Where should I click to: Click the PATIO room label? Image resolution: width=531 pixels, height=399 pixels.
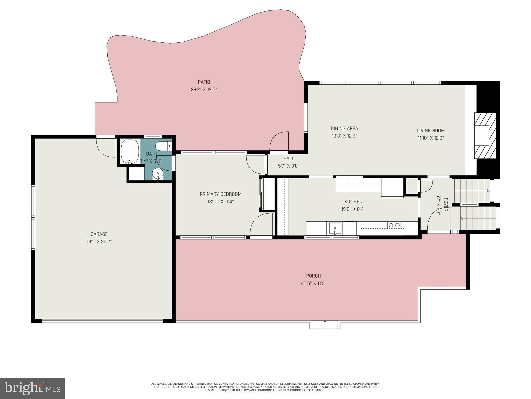coord(204,82)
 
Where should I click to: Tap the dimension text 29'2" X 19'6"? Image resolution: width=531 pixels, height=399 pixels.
coord(204,90)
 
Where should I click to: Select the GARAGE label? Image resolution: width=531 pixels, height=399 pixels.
coord(99,234)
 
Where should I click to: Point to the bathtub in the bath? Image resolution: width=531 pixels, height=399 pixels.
coord(130,151)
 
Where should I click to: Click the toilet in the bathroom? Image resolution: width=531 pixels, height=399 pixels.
coord(163,146)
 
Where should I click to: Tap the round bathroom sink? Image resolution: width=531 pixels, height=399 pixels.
coord(158,174)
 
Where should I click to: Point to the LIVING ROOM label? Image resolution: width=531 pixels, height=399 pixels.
coord(431,131)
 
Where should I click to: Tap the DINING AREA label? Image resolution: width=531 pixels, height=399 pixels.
coord(344,128)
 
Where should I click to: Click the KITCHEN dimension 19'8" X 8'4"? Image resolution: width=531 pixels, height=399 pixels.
coord(353,209)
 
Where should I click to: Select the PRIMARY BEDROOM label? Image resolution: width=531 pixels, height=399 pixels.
coord(220,194)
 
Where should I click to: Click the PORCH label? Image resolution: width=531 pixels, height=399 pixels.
coord(313,276)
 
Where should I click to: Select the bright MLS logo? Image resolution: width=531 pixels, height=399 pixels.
coord(32,388)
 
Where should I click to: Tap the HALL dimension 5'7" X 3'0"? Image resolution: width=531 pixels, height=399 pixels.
coord(289,166)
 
